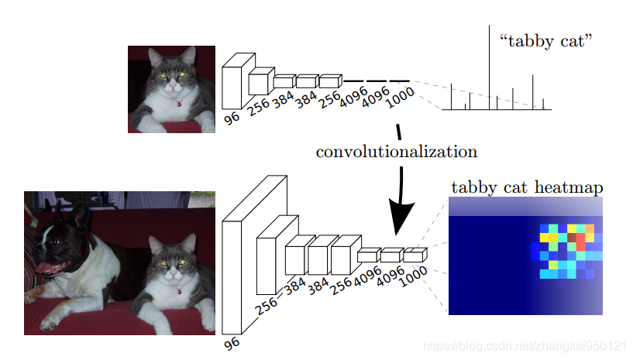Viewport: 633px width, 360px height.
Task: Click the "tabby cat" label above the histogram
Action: click(550, 41)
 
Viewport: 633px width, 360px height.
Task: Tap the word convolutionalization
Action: click(396, 151)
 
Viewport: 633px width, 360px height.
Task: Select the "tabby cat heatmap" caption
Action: click(527, 187)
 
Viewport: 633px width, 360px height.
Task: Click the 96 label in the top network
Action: click(232, 118)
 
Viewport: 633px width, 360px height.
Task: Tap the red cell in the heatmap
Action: click(580, 242)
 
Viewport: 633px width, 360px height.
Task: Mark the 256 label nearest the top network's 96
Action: click(260, 109)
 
